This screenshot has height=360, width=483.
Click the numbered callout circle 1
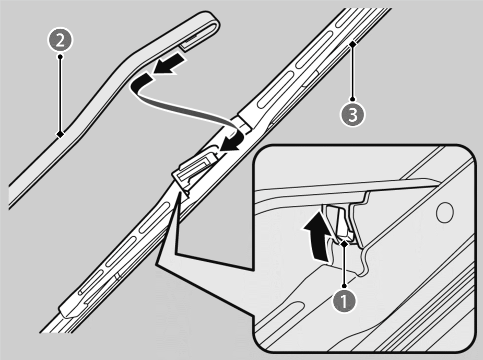(344, 301)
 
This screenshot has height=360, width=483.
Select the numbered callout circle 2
(60, 40)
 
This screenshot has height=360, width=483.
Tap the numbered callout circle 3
(352, 114)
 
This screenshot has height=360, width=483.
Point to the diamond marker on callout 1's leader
(345, 243)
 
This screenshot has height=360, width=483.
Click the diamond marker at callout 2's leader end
(60, 134)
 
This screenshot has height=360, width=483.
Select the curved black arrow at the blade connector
(232, 141)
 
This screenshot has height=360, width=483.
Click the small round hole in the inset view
(445, 212)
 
